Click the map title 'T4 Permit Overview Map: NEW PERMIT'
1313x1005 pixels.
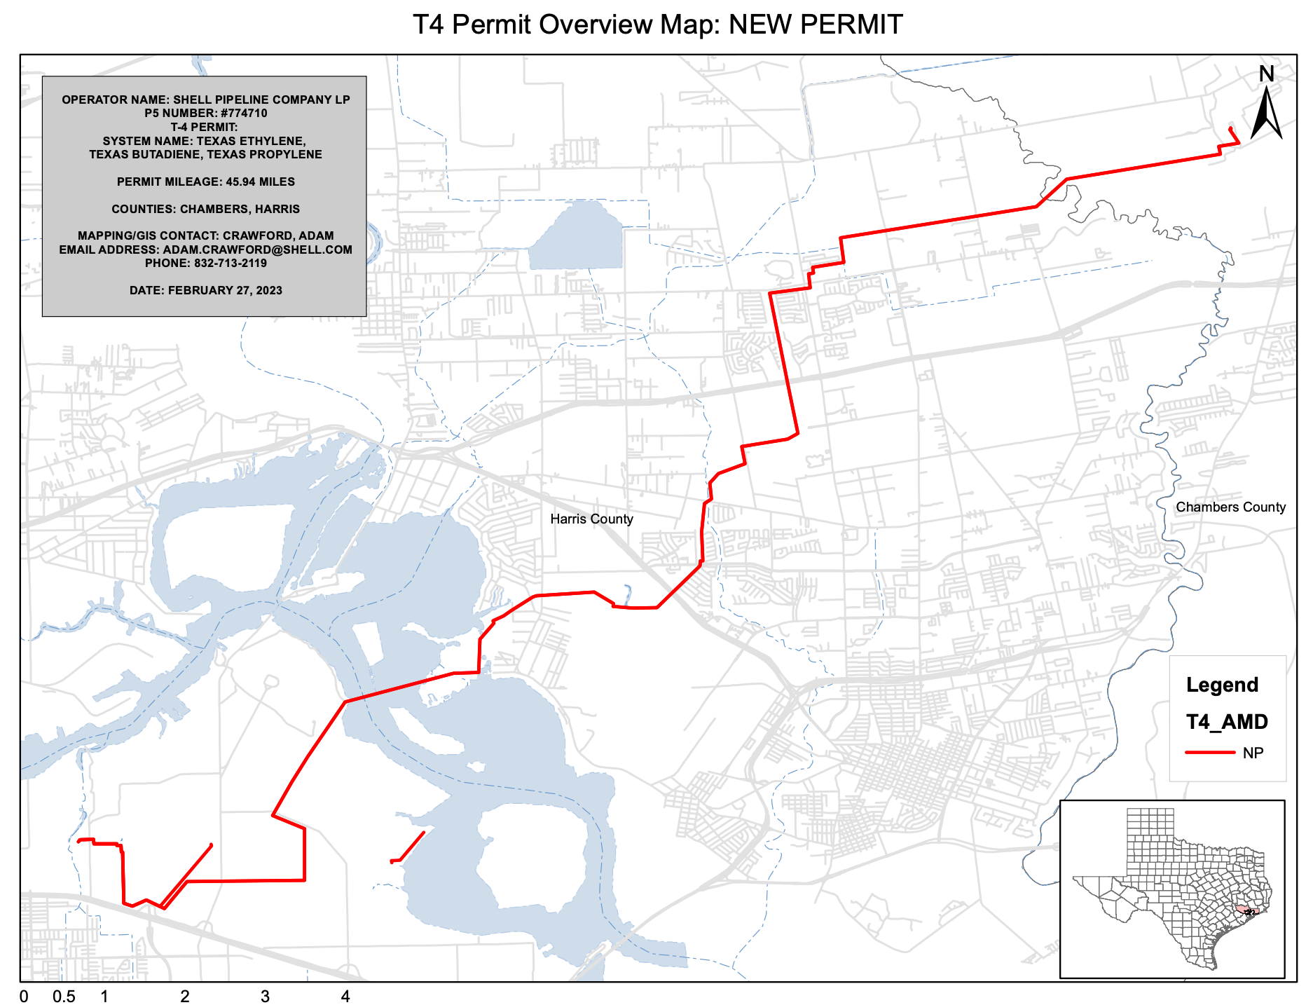point(657,25)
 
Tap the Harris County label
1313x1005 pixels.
point(591,519)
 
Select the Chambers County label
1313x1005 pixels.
point(1230,507)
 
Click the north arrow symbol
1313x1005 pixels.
point(1266,114)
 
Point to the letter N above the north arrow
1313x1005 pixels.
point(1266,74)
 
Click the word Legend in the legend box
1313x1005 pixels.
point(1222,685)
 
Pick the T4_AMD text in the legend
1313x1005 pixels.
point(1227,722)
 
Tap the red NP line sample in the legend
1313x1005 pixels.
point(1209,753)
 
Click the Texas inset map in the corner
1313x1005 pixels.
point(1171,888)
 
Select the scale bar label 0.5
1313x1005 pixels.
point(64,997)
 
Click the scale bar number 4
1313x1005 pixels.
point(345,997)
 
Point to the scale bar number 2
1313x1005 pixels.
point(185,997)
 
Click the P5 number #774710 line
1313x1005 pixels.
point(205,114)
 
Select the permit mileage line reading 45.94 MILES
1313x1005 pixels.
point(205,182)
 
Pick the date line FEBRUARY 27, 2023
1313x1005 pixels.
point(205,291)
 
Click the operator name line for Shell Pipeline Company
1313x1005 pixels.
point(205,100)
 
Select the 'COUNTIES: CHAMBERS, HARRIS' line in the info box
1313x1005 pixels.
point(205,210)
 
